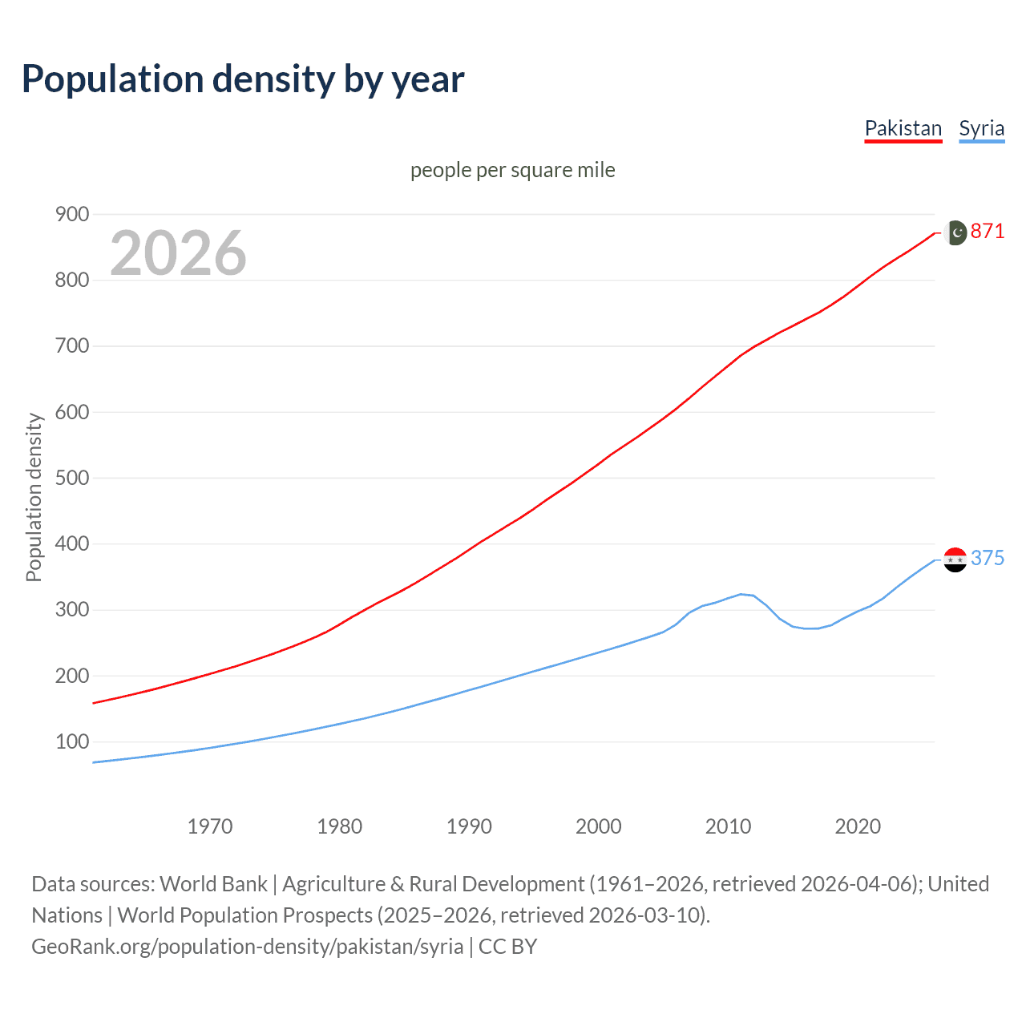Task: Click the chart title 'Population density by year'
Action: pos(243,79)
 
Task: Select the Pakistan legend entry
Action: pos(903,128)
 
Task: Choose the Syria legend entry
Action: pos(981,128)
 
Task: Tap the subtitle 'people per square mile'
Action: pos(512,170)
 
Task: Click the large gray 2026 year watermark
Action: pos(178,253)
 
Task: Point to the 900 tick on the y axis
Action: pos(71,214)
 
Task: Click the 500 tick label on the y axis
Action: pos(71,478)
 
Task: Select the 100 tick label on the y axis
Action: pos(71,741)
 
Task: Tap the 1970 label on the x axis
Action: pos(210,826)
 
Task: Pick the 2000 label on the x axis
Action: pos(599,826)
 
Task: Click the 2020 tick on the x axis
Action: pos(858,826)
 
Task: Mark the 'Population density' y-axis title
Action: pos(34,497)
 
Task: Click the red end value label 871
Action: pos(988,232)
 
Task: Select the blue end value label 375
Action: pos(988,558)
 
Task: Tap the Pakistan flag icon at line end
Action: pos(955,232)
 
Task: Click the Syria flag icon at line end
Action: pos(955,559)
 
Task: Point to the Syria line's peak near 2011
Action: pos(741,594)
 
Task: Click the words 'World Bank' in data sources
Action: pos(213,884)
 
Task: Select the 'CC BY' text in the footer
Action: pos(507,947)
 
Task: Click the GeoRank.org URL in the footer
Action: pos(247,947)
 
